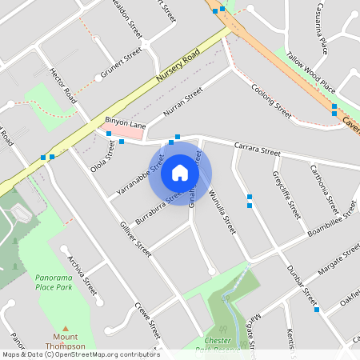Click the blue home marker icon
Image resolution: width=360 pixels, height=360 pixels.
click(180, 172)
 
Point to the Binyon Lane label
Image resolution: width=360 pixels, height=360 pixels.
click(126, 125)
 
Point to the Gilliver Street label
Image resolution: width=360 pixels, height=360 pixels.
click(135, 231)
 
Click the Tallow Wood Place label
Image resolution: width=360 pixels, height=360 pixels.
click(316, 80)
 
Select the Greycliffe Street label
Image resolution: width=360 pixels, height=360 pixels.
click(286, 195)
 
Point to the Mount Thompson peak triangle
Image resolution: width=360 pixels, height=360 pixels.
click(65, 328)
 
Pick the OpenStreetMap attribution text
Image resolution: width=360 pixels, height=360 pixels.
click(81, 354)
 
